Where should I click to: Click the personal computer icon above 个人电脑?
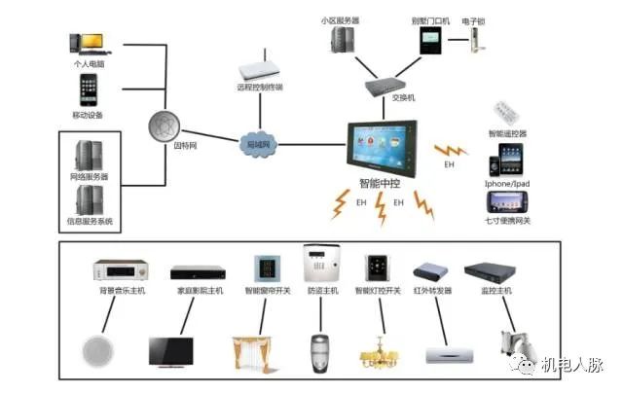[x=87, y=44]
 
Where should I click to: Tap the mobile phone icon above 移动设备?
[x=87, y=89]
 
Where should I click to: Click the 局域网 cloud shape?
[x=257, y=145]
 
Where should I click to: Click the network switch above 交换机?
[x=390, y=85]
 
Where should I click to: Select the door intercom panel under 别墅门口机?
[x=430, y=40]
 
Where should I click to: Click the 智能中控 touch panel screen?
[x=387, y=147]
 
